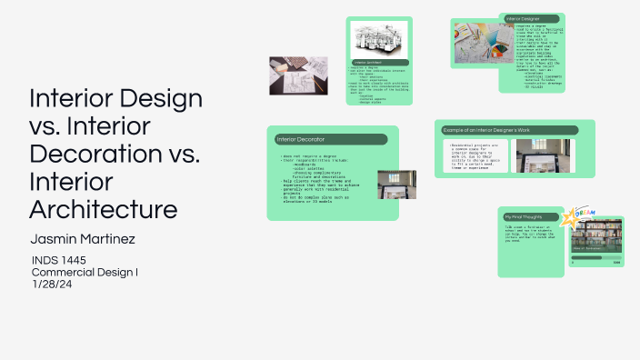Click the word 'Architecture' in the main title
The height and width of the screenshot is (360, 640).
coord(104,208)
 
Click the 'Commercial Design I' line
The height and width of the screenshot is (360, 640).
coord(85,272)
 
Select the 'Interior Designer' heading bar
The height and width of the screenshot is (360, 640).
coord(532,19)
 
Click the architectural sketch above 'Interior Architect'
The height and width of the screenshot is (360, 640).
coord(379,39)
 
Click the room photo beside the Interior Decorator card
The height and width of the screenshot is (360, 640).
coord(396,185)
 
